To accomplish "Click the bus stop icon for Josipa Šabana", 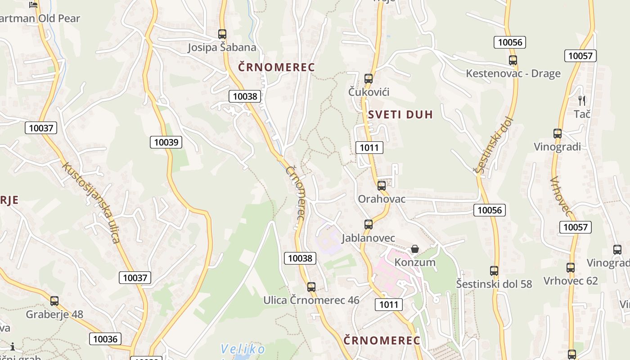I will (222, 34).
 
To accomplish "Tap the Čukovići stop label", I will (369, 92).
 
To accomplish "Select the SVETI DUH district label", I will (400, 114).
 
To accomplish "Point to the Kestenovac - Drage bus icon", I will (513, 60).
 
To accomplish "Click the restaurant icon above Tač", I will (582, 100).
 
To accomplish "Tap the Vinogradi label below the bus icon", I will (557, 147).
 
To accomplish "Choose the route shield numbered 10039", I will (166, 142).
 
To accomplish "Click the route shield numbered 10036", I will (106, 339).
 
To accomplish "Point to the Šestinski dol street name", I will (494, 145).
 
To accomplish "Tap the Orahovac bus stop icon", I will (382, 185).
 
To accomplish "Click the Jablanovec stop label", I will (368, 238).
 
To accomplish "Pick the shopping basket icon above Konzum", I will (415, 249).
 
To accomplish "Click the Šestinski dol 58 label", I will (494, 284).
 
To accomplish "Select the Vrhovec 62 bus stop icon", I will (571, 267).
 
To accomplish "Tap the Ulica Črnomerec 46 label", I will (311, 300).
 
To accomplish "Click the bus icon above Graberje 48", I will (54, 301).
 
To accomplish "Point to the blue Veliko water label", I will (243, 349).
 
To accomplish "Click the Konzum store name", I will (415, 262).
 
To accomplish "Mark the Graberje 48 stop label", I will (54, 314).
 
